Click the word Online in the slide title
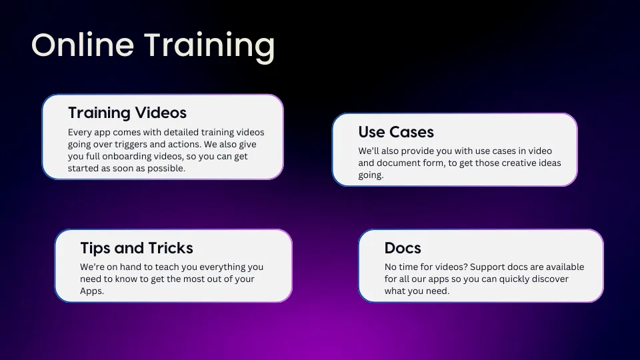point(83,45)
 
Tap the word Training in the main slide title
point(210,47)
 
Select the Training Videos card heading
point(127,113)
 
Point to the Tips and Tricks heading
point(137,248)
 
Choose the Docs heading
point(403,248)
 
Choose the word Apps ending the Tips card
point(92,291)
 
